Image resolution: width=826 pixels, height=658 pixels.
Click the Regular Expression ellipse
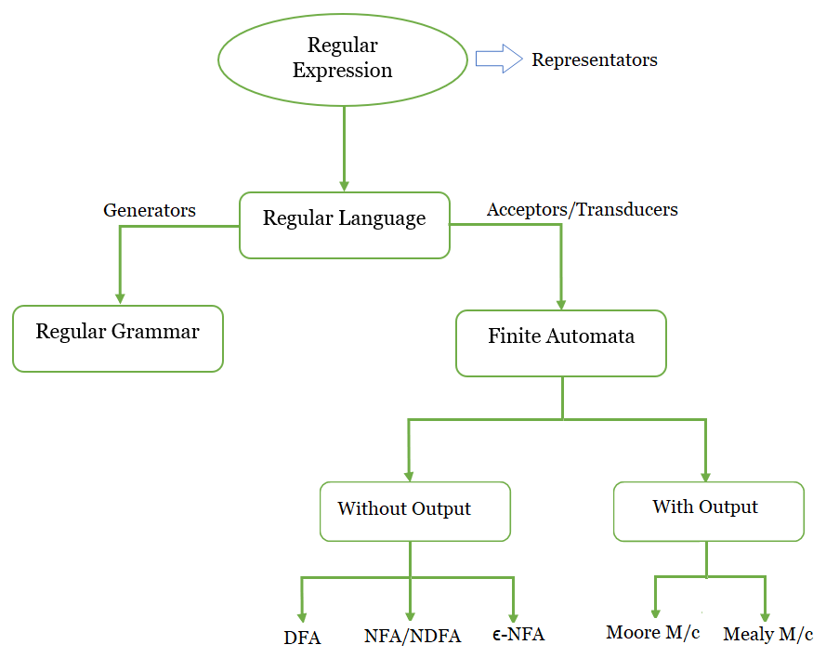pyautogui.click(x=342, y=59)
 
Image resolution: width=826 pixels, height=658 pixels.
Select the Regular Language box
pyautogui.click(x=344, y=225)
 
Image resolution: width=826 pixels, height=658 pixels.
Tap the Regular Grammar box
pyautogui.click(x=118, y=338)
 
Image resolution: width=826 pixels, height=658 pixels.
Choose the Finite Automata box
pyautogui.click(x=561, y=343)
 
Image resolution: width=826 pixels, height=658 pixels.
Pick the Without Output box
pyautogui.click(x=414, y=510)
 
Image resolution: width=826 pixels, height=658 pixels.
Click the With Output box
pyautogui.click(x=708, y=510)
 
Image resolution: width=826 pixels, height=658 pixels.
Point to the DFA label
pyautogui.click(x=302, y=638)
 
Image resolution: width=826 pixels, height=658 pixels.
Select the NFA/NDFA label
pyautogui.click(x=413, y=638)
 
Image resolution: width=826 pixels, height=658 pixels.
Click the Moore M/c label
pyautogui.click(x=653, y=633)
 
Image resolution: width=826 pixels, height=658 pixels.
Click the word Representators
pyautogui.click(x=594, y=60)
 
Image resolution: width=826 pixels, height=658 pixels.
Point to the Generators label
pyautogui.click(x=150, y=211)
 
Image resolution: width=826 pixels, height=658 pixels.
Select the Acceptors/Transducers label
pyautogui.click(x=583, y=209)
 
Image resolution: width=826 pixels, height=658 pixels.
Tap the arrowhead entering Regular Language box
pyautogui.click(x=345, y=185)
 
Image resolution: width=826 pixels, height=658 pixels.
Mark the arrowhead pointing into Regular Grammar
pyautogui.click(x=119, y=297)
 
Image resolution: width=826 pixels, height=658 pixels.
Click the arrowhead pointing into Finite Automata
pyautogui.click(x=561, y=303)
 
